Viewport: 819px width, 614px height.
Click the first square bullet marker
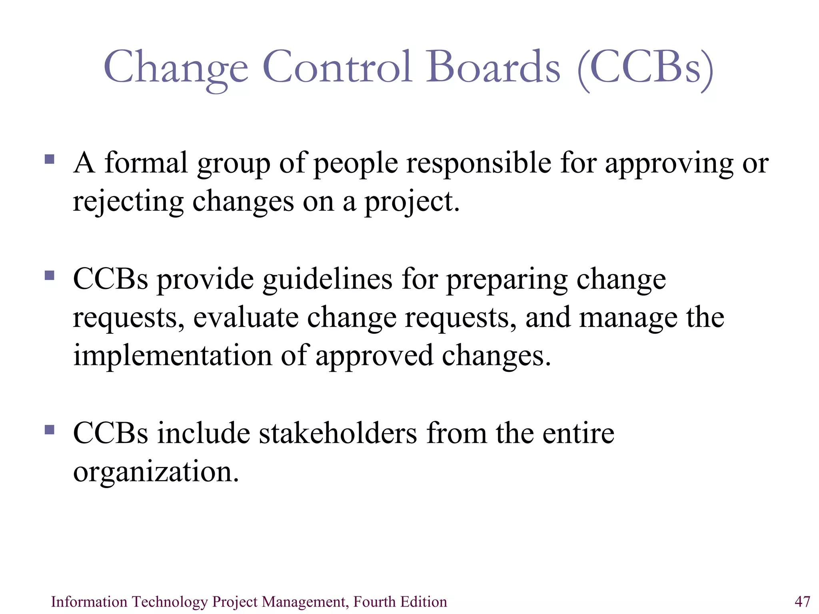(49, 160)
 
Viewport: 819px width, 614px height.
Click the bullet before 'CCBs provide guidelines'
(49, 275)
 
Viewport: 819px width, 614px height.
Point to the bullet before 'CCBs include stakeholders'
(49, 430)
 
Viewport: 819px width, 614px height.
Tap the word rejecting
(128, 202)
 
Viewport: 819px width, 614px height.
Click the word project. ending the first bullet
(412, 202)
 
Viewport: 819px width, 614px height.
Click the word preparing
(507, 280)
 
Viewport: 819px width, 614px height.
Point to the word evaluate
(246, 317)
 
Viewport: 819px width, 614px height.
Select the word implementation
(172, 356)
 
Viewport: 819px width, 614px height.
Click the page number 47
(802, 602)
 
